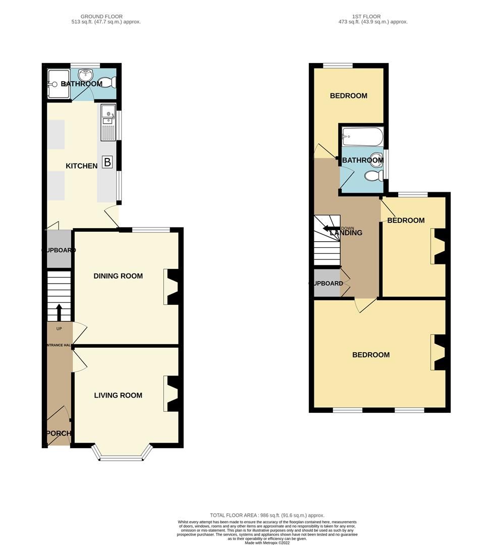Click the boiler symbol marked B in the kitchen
tap(107, 162)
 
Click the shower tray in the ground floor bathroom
tap(54, 84)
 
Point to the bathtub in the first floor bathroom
tap(362, 137)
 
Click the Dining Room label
tap(118, 276)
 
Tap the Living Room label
tap(118, 395)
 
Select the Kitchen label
tap(81, 166)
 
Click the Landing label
tap(346, 233)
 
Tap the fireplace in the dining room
tap(171, 287)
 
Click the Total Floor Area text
tap(267, 515)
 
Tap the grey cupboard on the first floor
tap(326, 283)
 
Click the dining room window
tap(151, 230)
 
